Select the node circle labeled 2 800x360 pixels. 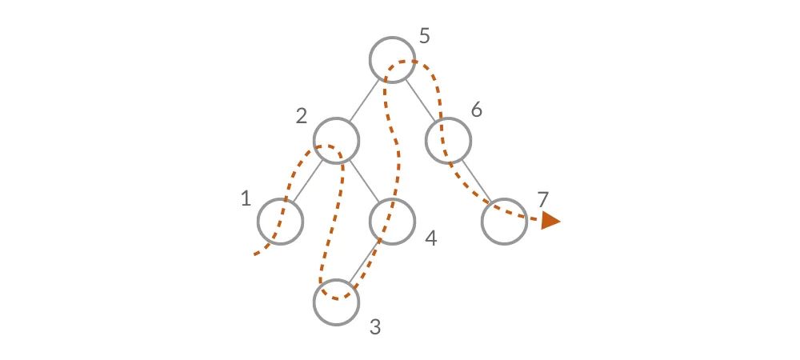tap(336, 141)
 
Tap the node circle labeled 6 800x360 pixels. tap(447, 141)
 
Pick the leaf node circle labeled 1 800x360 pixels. tap(280, 221)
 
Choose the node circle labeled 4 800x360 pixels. tap(392, 221)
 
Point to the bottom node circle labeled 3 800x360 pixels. tap(336, 302)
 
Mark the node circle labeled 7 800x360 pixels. tap(504, 221)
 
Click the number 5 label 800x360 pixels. tap(425, 36)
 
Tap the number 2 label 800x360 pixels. tap(301, 117)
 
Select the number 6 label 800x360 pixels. tap(476, 110)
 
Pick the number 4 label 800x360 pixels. tap(430, 239)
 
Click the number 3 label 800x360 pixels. tap(375, 327)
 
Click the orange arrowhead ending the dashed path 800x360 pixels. tap(550, 220)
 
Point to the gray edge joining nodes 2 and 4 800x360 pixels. tap(364, 181)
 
